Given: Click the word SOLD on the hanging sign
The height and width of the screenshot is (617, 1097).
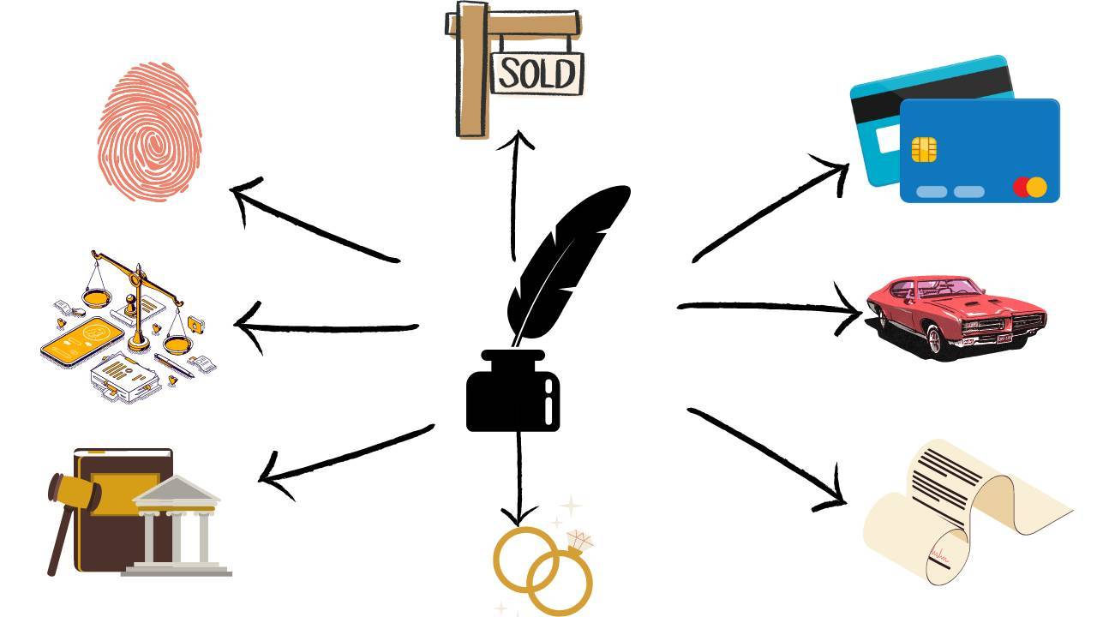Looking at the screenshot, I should pyautogui.click(x=537, y=74).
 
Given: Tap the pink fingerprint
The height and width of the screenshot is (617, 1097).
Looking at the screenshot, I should pyautogui.click(x=150, y=133).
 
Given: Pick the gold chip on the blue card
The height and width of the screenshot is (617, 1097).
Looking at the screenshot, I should pyautogui.click(x=924, y=149).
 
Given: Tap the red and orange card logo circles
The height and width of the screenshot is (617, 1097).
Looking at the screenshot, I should pyautogui.click(x=1029, y=187).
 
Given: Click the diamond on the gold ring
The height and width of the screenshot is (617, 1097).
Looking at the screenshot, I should pyautogui.click(x=580, y=541).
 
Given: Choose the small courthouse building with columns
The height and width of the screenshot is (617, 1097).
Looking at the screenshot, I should pyautogui.click(x=177, y=527).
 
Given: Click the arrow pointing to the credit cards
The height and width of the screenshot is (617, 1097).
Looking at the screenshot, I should pyautogui.click(x=771, y=210).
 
